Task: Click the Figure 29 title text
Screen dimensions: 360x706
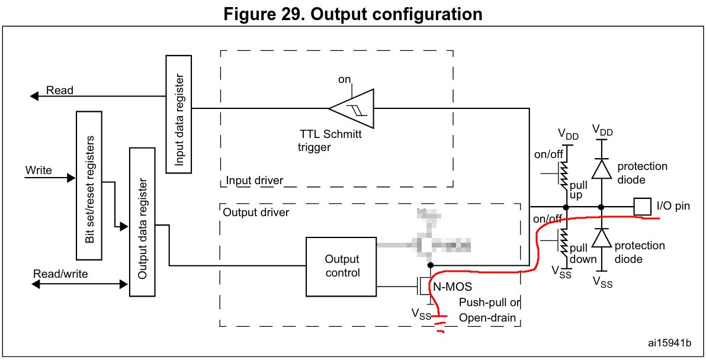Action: click(x=352, y=13)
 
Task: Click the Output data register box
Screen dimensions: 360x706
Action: click(x=142, y=222)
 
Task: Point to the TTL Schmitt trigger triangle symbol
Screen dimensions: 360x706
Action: click(x=352, y=108)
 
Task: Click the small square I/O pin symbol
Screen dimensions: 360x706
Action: click(x=642, y=207)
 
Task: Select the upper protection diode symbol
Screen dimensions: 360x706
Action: click(x=602, y=169)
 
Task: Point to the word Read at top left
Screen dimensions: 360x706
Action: click(x=60, y=91)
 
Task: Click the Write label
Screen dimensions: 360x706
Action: click(x=38, y=171)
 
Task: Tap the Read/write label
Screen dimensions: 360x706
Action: click(x=60, y=274)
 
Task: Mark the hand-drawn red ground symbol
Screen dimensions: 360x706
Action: click(x=440, y=324)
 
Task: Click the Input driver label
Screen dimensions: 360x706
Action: click(x=255, y=180)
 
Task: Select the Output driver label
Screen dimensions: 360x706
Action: click(x=256, y=211)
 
